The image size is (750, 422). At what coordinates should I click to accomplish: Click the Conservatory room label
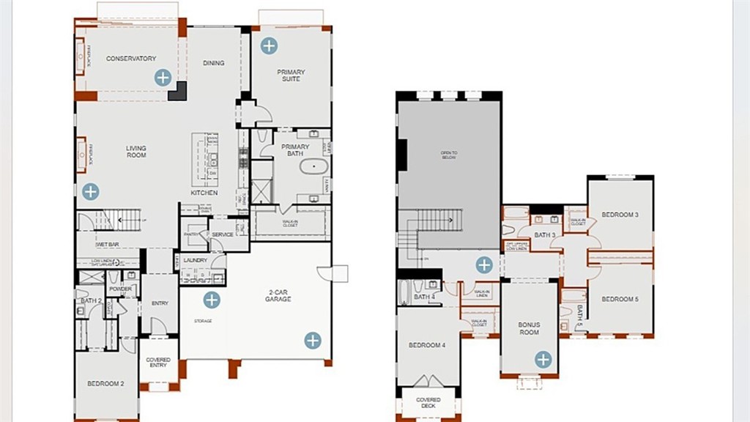(x=130, y=59)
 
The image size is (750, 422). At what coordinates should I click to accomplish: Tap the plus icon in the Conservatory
(x=163, y=77)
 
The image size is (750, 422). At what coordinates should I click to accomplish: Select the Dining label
(x=214, y=63)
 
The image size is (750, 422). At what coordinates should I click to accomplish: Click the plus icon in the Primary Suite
(x=269, y=45)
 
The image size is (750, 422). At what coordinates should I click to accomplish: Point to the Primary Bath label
(x=295, y=150)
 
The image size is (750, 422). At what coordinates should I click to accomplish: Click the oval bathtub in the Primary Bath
(x=314, y=168)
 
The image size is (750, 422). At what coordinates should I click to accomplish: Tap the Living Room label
(x=136, y=152)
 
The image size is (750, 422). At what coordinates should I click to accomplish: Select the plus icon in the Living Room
(x=90, y=192)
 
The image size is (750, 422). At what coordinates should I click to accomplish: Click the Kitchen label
(x=204, y=193)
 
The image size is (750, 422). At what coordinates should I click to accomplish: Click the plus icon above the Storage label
(x=212, y=300)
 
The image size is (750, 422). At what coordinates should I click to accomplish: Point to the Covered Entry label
(x=158, y=363)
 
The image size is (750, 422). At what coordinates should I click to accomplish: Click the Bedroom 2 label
(x=106, y=384)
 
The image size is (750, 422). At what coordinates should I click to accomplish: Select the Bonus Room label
(x=529, y=327)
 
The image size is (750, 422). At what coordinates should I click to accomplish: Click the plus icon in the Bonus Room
(x=543, y=359)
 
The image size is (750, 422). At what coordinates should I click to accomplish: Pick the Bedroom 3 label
(x=620, y=215)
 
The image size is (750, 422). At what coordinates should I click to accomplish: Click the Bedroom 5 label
(x=620, y=299)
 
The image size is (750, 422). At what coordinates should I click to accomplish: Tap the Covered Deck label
(x=428, y=403)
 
